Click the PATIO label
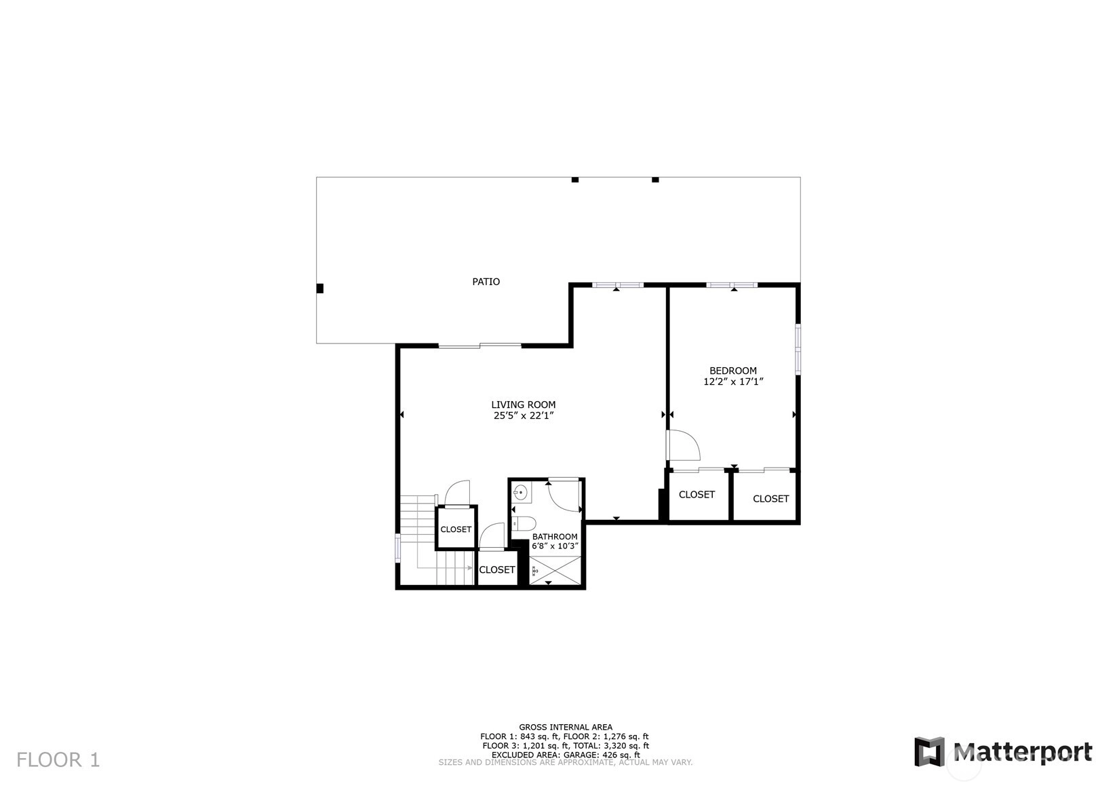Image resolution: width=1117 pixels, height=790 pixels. pos(486,282)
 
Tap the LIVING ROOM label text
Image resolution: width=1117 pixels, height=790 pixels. pos(523,405)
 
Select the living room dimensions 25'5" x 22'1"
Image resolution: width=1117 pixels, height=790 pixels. pos(524,416)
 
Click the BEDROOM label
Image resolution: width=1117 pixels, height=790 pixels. pos(733,371)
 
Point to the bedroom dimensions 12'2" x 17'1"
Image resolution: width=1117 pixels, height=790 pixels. pos(733,382)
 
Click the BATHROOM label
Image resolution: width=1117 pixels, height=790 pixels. pos(555,536)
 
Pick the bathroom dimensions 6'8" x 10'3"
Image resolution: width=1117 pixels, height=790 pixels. pos(555,546)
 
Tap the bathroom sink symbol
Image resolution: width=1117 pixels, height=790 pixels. pos(521,493)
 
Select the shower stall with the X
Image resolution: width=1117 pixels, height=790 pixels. pos(555,570)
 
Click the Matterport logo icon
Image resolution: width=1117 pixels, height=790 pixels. pos(930,751)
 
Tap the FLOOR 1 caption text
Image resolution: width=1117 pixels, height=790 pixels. pos(58,760)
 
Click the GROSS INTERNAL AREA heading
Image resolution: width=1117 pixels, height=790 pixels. pos(566,727)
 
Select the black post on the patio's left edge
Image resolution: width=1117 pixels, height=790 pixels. pos(320,288)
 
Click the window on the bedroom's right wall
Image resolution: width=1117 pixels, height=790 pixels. pos(798,349)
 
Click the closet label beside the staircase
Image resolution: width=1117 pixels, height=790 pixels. pos(456,529)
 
